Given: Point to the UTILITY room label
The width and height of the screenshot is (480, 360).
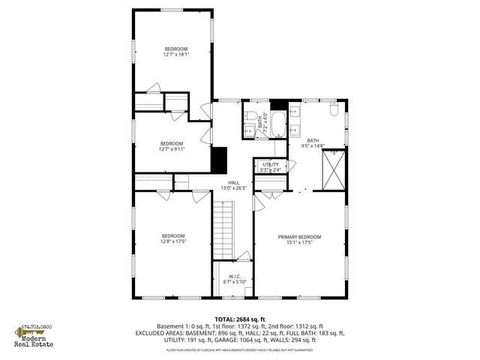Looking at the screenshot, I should (270, 164).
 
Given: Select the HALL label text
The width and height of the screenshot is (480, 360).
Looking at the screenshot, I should (234, 182).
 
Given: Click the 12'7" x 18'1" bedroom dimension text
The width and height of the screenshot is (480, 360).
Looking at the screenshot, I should (175, 54).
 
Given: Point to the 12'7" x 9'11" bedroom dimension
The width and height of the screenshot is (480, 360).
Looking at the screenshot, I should (172, 148).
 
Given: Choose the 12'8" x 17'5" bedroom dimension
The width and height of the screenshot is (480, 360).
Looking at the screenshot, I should (172, 241).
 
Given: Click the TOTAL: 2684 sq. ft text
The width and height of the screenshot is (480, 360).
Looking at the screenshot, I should (239, 319).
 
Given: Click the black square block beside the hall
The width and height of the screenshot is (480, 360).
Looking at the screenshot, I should (219, 160).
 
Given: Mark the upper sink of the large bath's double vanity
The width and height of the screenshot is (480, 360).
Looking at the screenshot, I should (295, 111).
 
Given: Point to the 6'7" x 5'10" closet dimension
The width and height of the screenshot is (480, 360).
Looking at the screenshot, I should (234, 282).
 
